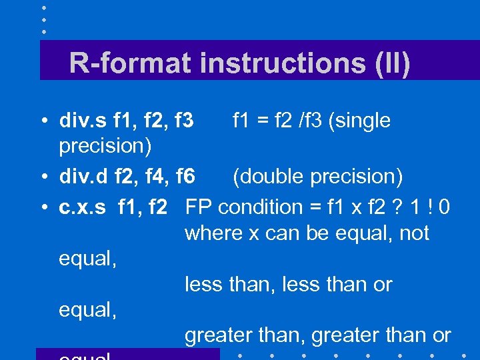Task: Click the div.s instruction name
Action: click(x=84, y=121)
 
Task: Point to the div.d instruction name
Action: click(x=85, y=177)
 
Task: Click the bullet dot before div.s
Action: click(x=43, y=121)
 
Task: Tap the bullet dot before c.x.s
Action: click(x=43, y=208)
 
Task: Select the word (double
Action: click(x=266, y=177)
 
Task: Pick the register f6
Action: click(x=183, y=177)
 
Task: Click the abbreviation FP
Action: click(x=198, y=207)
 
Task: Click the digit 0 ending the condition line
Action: click(x=444, y=207)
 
